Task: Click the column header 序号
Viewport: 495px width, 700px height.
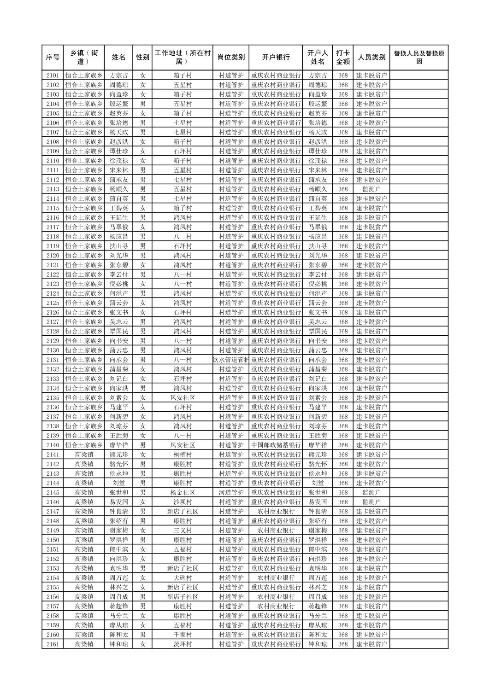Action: point(53,57)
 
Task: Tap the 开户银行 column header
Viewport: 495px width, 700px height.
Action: point(276,57)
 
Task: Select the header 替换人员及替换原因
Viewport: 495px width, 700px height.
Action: point(418,57)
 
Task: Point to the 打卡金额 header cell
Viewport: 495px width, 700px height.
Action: point(342,57)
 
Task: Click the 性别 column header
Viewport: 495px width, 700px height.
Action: point(142,57)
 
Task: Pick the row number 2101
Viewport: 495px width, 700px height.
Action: point(53,76)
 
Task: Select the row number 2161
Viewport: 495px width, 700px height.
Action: point(53,644)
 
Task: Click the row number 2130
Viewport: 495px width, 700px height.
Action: point(53,350)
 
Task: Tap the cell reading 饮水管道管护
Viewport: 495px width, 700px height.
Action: point(231,360)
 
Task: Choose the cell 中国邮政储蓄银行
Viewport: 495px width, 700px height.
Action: point(276,445)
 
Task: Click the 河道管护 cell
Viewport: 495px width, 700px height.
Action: point(231,492)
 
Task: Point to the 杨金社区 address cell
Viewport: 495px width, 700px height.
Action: point(183,492)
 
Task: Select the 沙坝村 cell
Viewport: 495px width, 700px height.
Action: point(183,502)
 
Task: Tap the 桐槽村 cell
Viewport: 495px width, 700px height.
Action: point(183,455)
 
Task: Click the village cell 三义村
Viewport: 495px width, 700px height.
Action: point(183,531)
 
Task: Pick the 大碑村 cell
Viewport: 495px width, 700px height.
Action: point(183,578)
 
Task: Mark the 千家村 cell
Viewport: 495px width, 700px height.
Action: point(183,635)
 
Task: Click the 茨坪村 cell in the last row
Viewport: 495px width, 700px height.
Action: point(183,644)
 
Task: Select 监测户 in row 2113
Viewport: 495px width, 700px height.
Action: point(371,189)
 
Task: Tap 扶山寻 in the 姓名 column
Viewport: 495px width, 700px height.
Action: point(118,246)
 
